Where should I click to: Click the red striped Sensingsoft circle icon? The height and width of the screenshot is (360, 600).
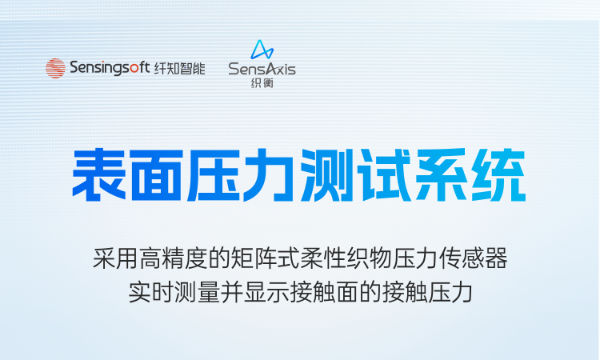click(x=55, y=69)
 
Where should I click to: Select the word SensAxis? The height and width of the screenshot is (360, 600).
click(x=262, y=70)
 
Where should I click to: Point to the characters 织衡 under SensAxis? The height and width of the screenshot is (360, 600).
click(x=262, y=82)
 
